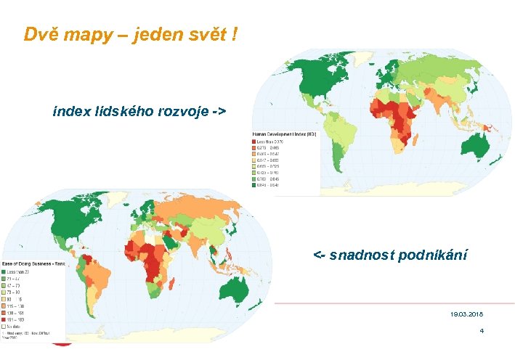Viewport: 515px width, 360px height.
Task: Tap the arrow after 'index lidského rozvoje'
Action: pyautogui.click(x=219, y=112)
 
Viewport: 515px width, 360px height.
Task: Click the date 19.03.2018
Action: pyautogui.click(x=466, y=314)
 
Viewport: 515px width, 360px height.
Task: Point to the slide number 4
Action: pyautogui.click(x=481, y=331)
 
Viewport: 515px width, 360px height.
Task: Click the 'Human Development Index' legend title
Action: pyautogui.click(x=283, y=134)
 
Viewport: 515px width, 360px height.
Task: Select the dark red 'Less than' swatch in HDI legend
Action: pyautogui.click(x=255, y=142)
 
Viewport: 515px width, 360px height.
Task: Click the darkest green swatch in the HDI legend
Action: pyautogui.click(x=255, y=186)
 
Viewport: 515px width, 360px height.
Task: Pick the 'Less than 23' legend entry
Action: pyautogui.click(x=22, y=271)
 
